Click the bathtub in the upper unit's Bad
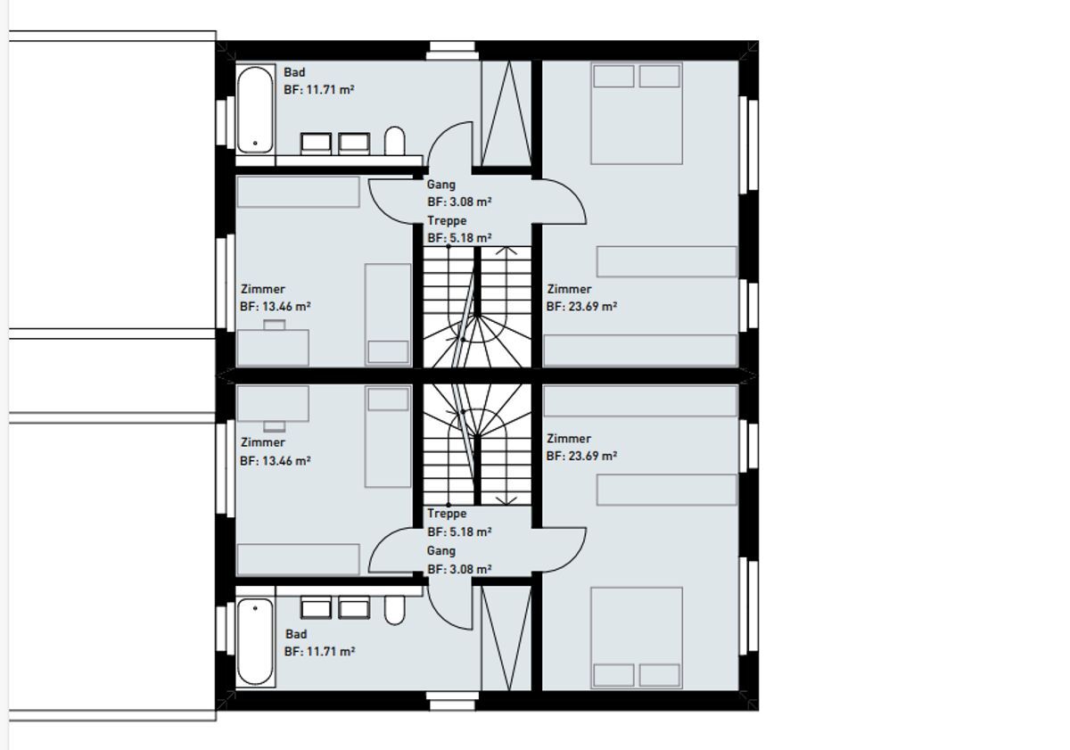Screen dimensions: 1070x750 (x=256, y=110)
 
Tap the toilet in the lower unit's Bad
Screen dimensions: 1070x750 (x=394, y=610)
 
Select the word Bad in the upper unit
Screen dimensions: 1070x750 (x=294, y=72)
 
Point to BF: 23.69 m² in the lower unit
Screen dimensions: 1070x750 (x=581, y=456)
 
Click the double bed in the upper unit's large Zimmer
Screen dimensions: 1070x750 (x=637, y=113)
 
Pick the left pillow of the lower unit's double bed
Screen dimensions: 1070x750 (x=613, y=675)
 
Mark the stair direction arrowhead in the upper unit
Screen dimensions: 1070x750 (x=506, y=251)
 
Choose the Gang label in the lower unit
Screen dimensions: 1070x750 (x=440, y=551)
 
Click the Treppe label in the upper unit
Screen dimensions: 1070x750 (x=447, y=220)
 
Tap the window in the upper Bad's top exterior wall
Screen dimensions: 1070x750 (x=452, y=51)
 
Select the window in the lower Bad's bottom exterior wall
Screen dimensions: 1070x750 (x=452, y=701)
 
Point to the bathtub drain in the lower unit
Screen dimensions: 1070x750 (x=255, y=608)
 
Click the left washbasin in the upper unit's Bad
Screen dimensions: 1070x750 (x=316, y=144)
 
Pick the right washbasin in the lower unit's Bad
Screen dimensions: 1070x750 (x=354, y=607)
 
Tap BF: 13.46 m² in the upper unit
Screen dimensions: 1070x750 (x=276, y=306)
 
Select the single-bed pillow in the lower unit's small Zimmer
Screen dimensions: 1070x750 (x=388, y=400)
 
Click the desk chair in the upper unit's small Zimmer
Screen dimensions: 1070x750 (x=275, y=325)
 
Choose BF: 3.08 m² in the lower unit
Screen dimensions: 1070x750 (x=459, y=569)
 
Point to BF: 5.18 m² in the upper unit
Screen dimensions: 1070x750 (x=459, y=237)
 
